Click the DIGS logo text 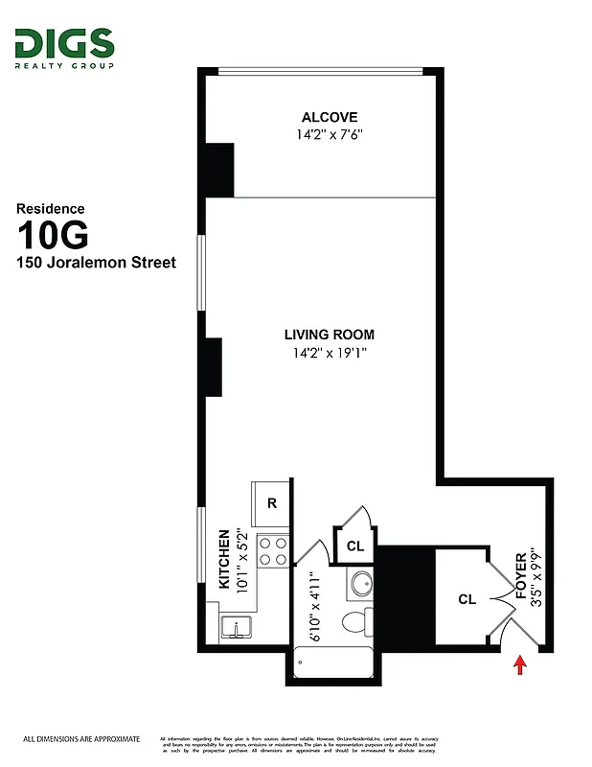pyautogui.click(x=64, y=43)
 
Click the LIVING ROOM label pyautogui.click(x=329, y=335)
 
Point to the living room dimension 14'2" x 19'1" pyautogui.click(x=329, y=353)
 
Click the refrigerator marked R pyautogui.click(x=272, y=502)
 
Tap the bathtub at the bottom pyautogui.click(x=334, y=662)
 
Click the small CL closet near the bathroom pyautogui.click(x=355, y=546)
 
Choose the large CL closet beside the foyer pyautogui.click(x=467, y=600)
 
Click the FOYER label pyautogui.click(x=522, y=576)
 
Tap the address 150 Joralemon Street pyautogui.click(x=97, y=263)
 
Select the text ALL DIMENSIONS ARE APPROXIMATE pyautogui.click(x=81, y=739)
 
